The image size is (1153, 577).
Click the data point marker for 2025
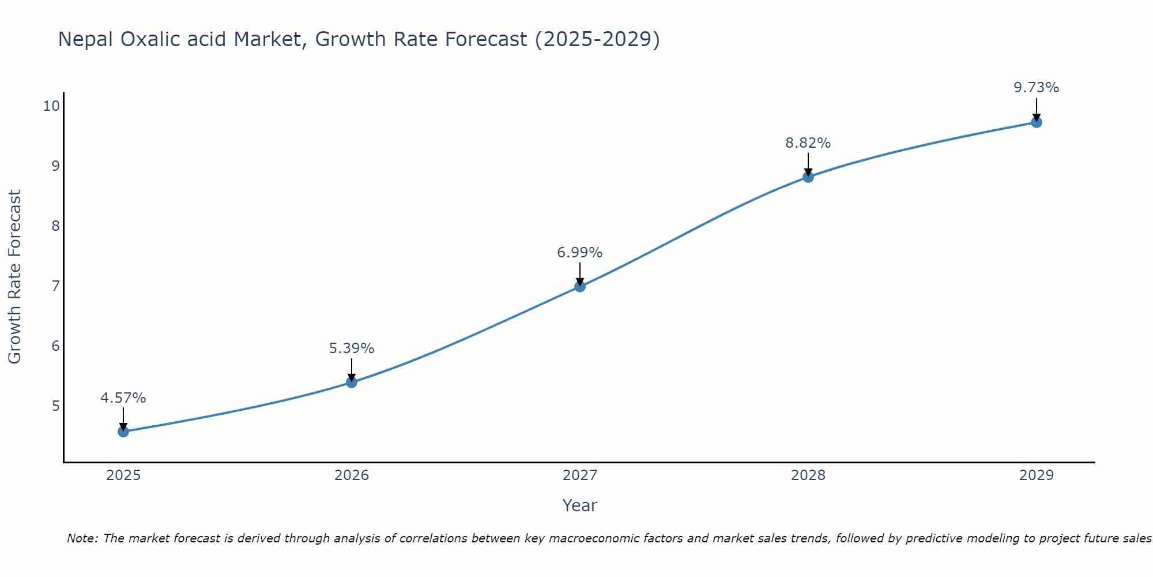coord(123,432)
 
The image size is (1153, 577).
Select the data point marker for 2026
coord(352,382)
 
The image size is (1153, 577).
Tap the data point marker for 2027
coord(580,286)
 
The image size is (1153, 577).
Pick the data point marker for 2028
coord(808,177)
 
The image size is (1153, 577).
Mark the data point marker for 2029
coord(1037,122)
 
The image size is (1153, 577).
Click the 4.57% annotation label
coord(123,398)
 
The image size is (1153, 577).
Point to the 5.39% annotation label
coord(352,349)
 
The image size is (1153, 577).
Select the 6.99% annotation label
coord(580,253)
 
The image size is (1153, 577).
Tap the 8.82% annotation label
coord(808,143)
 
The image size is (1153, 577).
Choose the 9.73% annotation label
coord(1037,88)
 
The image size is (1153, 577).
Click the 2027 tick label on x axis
coord(580,475)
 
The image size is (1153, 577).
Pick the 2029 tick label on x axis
coord(1037,475)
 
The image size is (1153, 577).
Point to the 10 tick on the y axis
coord(51,106)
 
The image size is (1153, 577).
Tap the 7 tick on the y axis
coord(55,286)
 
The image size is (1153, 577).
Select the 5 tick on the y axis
coord(55,406)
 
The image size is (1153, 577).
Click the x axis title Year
coord(580,505)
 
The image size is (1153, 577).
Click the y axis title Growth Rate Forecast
coord(14,277)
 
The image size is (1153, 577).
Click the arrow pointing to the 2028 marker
coord(808,164)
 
